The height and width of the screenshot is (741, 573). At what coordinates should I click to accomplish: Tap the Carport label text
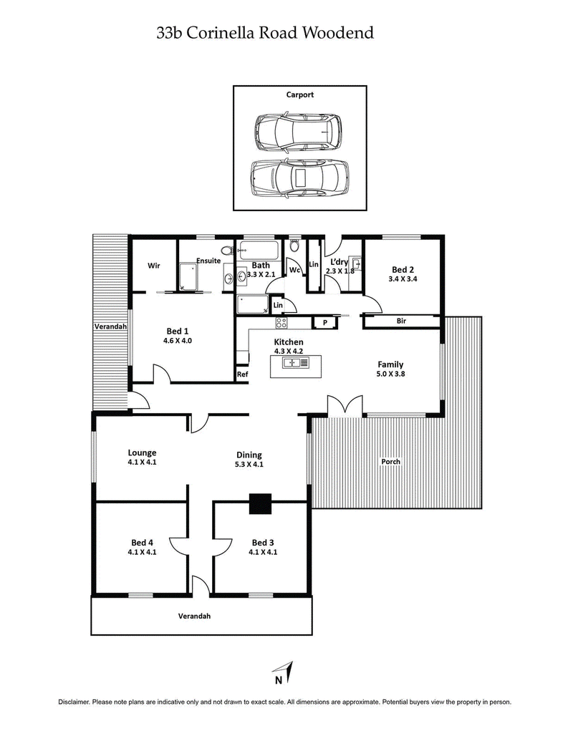(x=300, y=95)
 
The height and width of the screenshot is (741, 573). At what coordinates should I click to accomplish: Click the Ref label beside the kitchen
(x=242, y=374)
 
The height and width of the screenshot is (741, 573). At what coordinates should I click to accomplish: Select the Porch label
(x=391, y=461)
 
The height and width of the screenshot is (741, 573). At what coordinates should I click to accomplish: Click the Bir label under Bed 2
(x=402, y=321)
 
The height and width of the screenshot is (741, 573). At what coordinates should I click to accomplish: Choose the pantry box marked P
(x=324, y=323)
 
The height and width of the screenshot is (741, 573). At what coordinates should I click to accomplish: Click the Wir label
(x=153, y=266)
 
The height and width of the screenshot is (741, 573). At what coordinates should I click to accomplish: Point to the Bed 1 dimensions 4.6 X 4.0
(x=178, y=341)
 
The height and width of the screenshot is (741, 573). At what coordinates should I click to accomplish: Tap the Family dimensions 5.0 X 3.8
(x=390, y=373)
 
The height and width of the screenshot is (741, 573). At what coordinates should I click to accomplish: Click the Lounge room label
(x=142, y=452)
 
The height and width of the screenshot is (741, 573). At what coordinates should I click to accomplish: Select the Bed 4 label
(x=142, y=542)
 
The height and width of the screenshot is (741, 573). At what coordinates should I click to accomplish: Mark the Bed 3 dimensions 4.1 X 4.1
(x=263, y=552)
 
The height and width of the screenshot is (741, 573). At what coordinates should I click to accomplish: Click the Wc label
(x=295, y=270)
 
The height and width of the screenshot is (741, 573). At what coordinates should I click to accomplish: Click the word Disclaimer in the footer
(x=74, y=702)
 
